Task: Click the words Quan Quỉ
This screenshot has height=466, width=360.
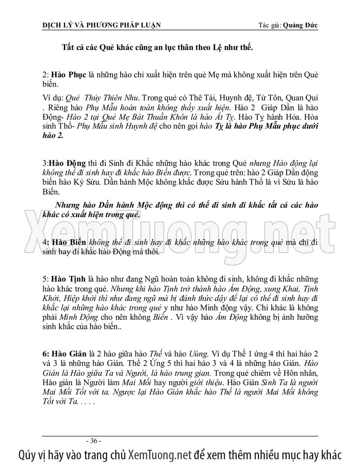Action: click(303, 97)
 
